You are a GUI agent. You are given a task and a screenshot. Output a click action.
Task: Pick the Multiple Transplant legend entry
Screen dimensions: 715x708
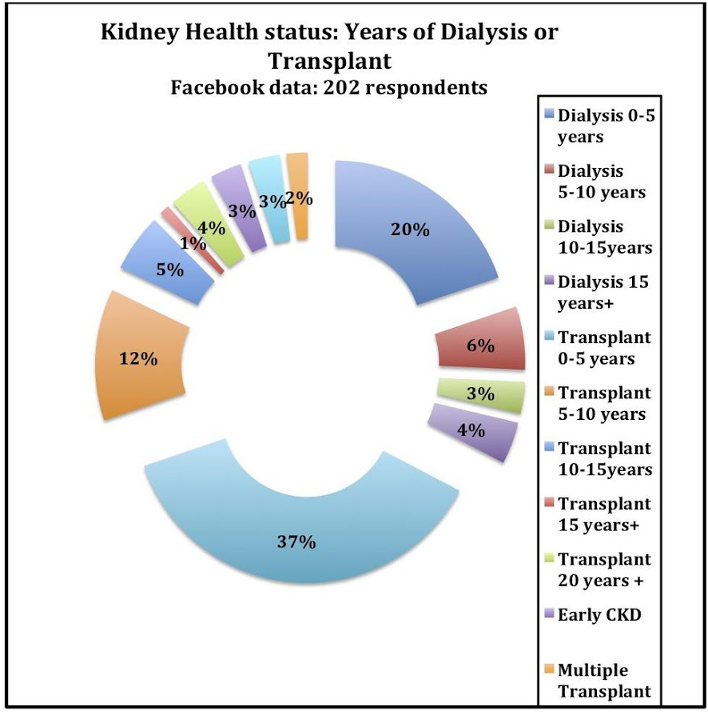(x=604, y=679)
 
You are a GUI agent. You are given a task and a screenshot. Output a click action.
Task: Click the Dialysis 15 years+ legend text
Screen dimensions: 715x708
(x=603, y=293)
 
